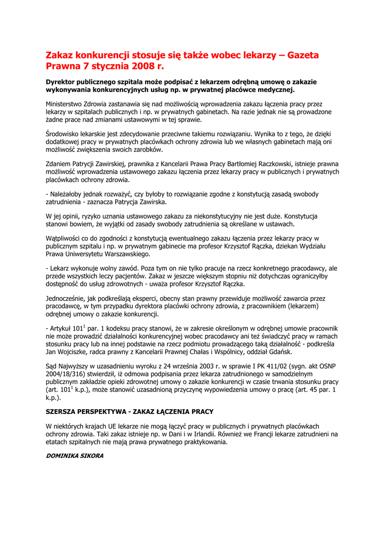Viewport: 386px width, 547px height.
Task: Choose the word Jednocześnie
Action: pos(67,298)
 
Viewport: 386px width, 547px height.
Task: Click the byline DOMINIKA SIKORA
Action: pos(75,456)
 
